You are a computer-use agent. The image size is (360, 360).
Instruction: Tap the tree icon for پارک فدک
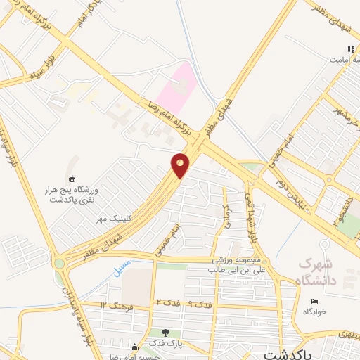click(166, 333)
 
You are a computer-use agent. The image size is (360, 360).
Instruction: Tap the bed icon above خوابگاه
click(314, 300)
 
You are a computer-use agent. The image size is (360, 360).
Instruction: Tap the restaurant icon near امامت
click(350, 49)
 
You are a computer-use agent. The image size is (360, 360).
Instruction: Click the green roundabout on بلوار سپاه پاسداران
click(58, 264)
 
